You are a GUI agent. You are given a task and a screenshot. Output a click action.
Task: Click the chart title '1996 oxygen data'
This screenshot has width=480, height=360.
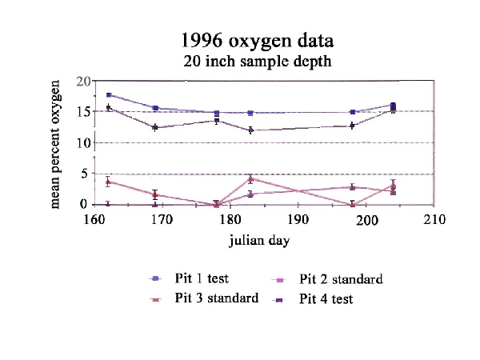pyautogui.click(x=256, y=41)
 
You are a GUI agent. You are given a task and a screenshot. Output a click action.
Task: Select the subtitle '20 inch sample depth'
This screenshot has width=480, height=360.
pyautogui.click(x=256, y=59)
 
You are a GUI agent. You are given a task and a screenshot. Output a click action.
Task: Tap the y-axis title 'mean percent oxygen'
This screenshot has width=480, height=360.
pyautogui.click(x=56, y=144)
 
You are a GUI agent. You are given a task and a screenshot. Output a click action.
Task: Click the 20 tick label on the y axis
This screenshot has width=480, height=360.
pyautogui.click(x=82, y=82)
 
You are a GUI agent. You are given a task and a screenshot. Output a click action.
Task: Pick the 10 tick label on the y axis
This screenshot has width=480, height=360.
pyautogui.click(x=82, y=143)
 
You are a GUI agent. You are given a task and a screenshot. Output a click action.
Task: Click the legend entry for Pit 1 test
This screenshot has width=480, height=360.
pyautogui.click(x=201, y=278)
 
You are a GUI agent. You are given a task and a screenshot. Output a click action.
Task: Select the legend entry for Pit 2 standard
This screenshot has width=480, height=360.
pyautogui.click(x=341, y=279)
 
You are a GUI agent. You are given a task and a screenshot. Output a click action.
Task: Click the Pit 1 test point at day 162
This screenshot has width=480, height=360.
pyautogui.click(x=109, y=95)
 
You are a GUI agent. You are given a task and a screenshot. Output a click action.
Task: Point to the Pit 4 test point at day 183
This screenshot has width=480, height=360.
pyautogui.click(x=251, y=130)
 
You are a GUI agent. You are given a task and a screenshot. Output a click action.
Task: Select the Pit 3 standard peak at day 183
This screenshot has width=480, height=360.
pyautogui.click(x=251, y=179)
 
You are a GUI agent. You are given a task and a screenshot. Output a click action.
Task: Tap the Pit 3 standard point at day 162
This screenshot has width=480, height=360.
pyautogui.click(x=109, y=182)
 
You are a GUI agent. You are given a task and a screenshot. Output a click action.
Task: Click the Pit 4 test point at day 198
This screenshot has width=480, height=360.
pyautogui.click(x=353, y=126)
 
